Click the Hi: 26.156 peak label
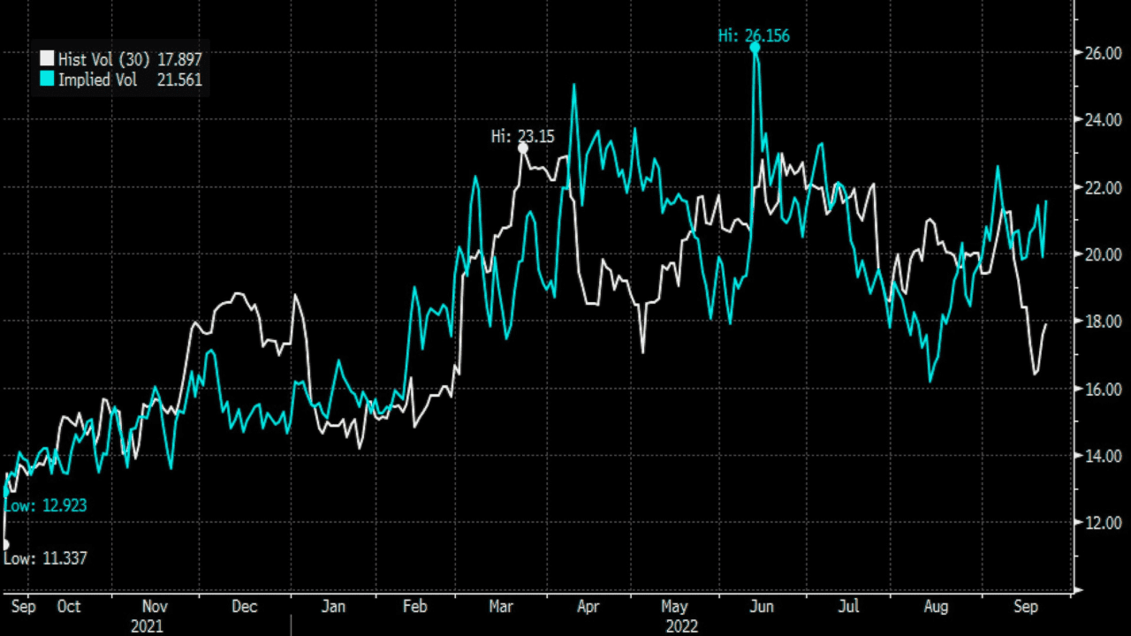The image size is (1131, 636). tap(754, 36)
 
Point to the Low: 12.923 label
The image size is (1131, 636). tap(46, 506)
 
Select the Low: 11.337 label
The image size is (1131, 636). tap(46, 558)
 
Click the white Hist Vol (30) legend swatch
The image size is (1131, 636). tap(47, 59)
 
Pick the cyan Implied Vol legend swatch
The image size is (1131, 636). tap(47, 80)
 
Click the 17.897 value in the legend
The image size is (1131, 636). tap(178, 59)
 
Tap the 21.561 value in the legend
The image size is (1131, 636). tap(178, 80)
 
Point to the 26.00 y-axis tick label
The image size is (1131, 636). tap(1102, 53)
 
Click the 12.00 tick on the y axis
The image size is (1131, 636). tap(1102, 523)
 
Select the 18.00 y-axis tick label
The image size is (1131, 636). tap(1102, 322)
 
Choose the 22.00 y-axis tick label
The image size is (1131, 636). tap(1102, 187)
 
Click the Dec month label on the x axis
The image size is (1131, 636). tap(244, 607)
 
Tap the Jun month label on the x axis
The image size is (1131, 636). tap(762, 607)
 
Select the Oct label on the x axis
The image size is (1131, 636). tap(68, 607)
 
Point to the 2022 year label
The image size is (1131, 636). tap(680, 626)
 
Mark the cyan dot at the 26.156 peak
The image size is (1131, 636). tap(755, 48)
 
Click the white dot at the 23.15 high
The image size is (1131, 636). tap(523, 148)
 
